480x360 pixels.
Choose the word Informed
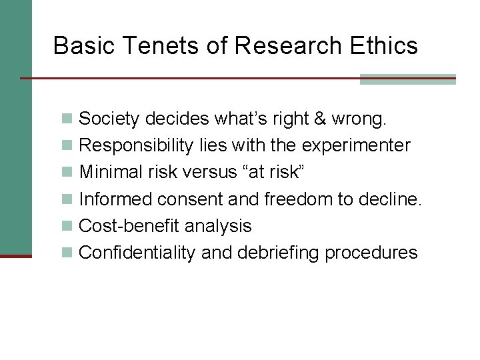click(117, 199)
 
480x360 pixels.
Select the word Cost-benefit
click(129, 226)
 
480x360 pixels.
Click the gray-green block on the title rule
click(407, 79)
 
